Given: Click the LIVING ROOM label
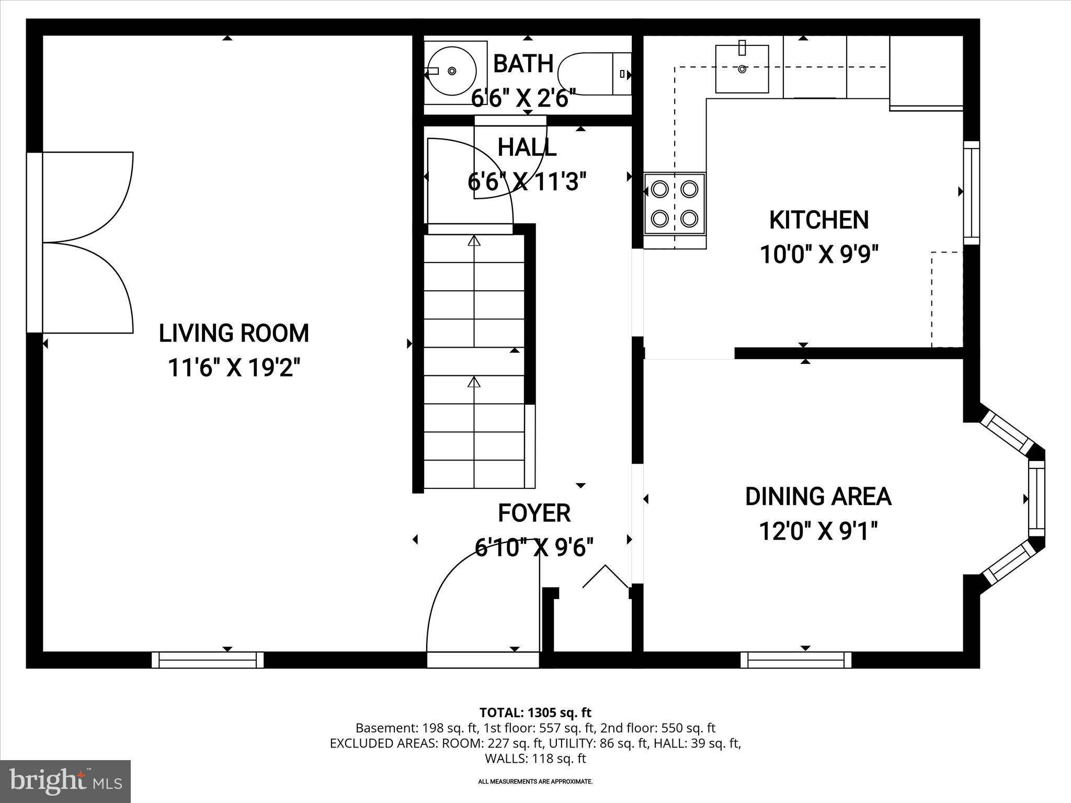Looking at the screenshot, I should tap(234, 334).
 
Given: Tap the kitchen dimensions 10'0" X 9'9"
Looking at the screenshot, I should tap(818, 255).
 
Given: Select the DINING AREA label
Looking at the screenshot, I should tap(818, 497).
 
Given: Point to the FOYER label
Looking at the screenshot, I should tap(534, 513).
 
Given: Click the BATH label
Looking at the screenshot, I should tap(523, 64).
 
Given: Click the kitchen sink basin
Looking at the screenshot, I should tap(742, 69).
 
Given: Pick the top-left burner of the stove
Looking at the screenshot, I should tap(660, 188).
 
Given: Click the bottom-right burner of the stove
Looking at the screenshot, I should tap(690, 217).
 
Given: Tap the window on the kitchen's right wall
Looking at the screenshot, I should tap(971, 192).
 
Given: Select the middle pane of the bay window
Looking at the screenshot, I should tap(1036, 499).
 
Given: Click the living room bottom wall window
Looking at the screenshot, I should tap(208, 660).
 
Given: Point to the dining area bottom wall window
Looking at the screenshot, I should tap(796, 660).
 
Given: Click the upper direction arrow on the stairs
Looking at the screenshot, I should tap(474, 241).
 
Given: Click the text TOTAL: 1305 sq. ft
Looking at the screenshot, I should tap(535, 713).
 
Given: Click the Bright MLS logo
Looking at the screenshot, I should tap(65, 782).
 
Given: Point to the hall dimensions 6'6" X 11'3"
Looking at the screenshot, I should tap(527, 182).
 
